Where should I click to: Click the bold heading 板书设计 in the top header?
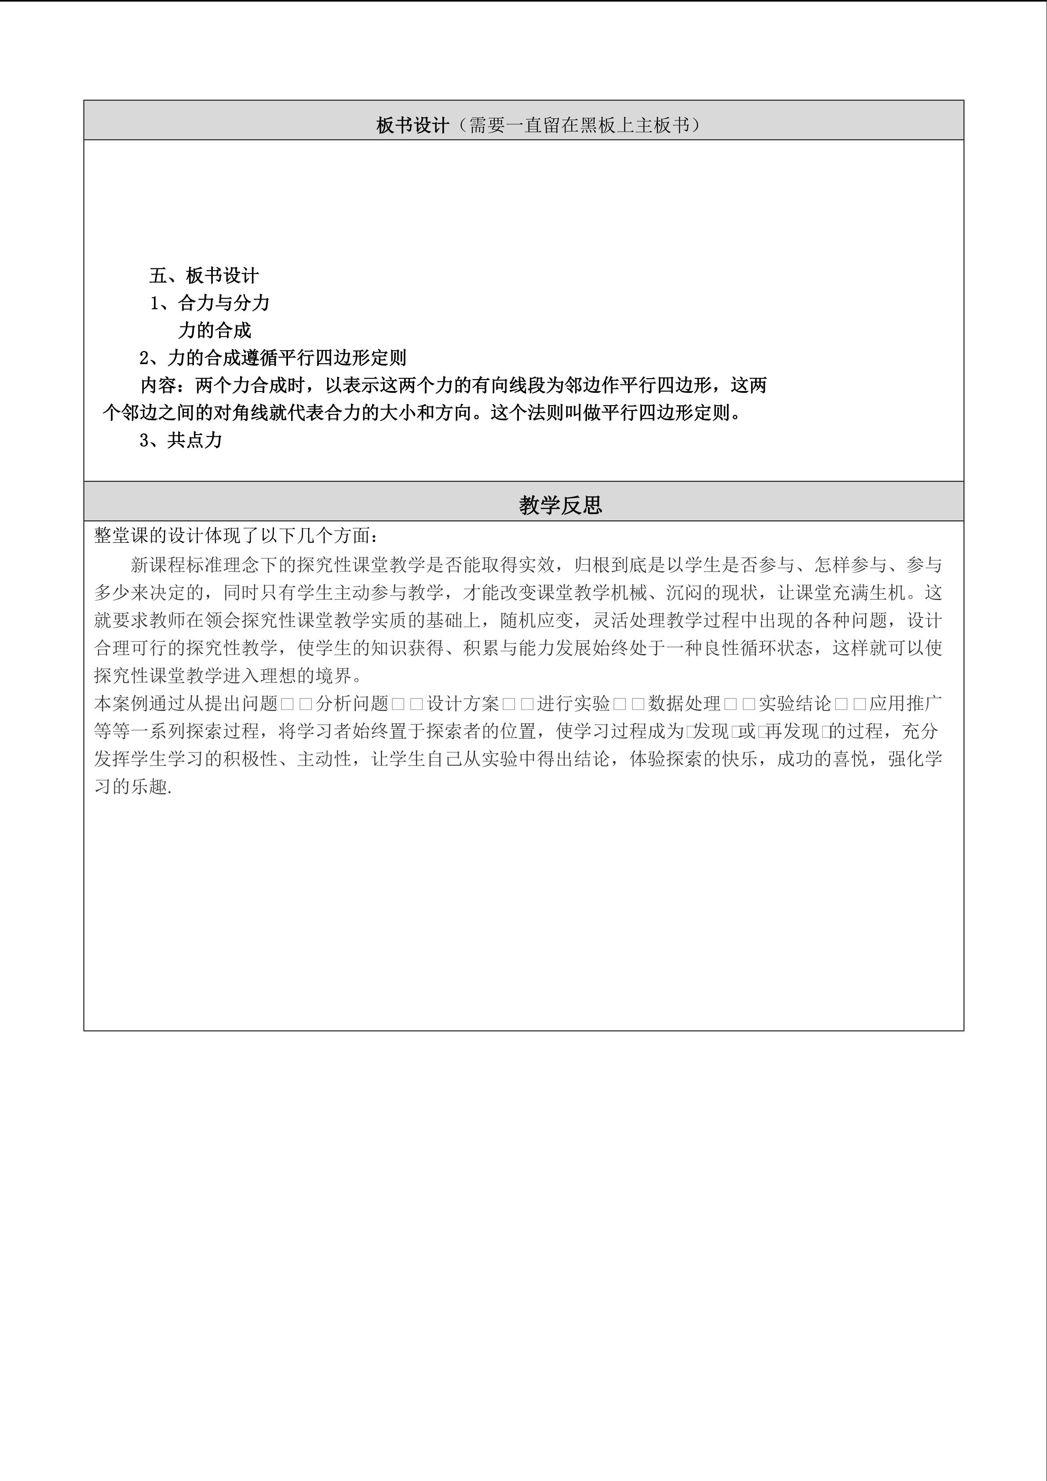[x=412, y=125]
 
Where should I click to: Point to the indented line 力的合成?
[x=215, y=331]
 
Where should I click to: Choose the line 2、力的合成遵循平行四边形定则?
[x=273, y=358]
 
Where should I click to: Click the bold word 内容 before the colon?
[x=158, y=386]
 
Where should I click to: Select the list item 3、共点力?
[x=181, y=441]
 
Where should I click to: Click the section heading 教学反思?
[x=560, y=505]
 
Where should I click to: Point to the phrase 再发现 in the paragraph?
[x=792, y=731]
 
